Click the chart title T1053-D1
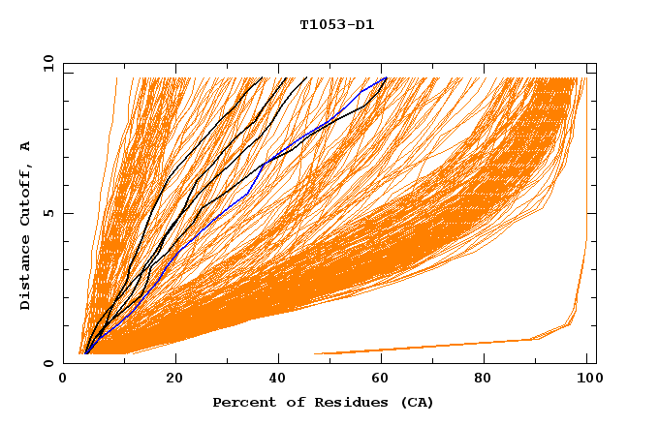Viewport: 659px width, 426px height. (336, 25)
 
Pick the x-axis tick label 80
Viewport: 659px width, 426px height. (483, 379)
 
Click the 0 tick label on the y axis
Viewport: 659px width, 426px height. (47, 363)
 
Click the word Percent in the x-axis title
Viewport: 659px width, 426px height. (242, 402)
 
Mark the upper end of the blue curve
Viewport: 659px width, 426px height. (387, 77)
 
